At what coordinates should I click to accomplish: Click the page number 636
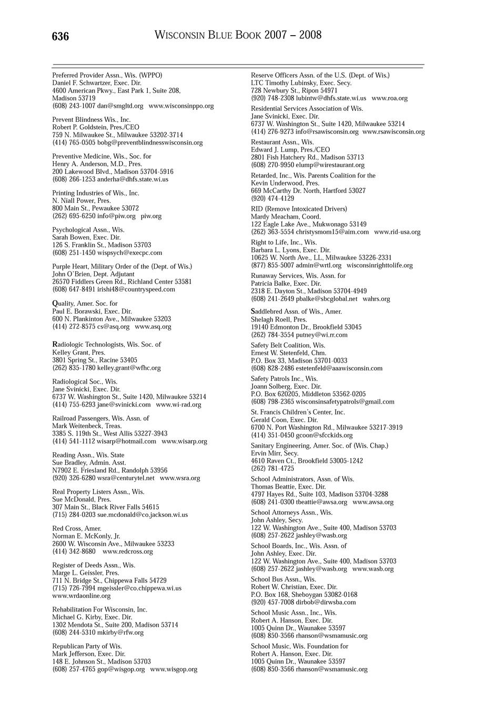pyautogui.click(x=60, y=36)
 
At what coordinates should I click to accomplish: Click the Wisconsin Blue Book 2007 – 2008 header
pyautogui.click(x=238, y=35)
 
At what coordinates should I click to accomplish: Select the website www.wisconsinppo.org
pyautogui.click(x=181, y=106)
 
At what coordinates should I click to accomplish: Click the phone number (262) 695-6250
pyautogui.click(x=74, y=216)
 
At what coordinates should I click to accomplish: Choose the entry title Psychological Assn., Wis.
pyautogui.click(x=88, y=230)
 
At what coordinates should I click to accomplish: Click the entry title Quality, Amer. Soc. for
pyautogui.click(x=85, y=304)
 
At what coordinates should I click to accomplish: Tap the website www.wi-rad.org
pyautogui.click(x=178, y=405)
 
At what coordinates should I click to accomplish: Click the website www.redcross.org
pyautogui.click(x=128, y=552)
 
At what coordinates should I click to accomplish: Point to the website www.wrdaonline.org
pyautogui.click(x=82, y=596)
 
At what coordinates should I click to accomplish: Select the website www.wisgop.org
pyautogui.click(x=174, y=669)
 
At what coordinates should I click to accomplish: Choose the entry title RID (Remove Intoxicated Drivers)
pyautogui.click(x=299, y=209)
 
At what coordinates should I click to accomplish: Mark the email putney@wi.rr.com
pyautogui.click(x=321, y=335)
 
